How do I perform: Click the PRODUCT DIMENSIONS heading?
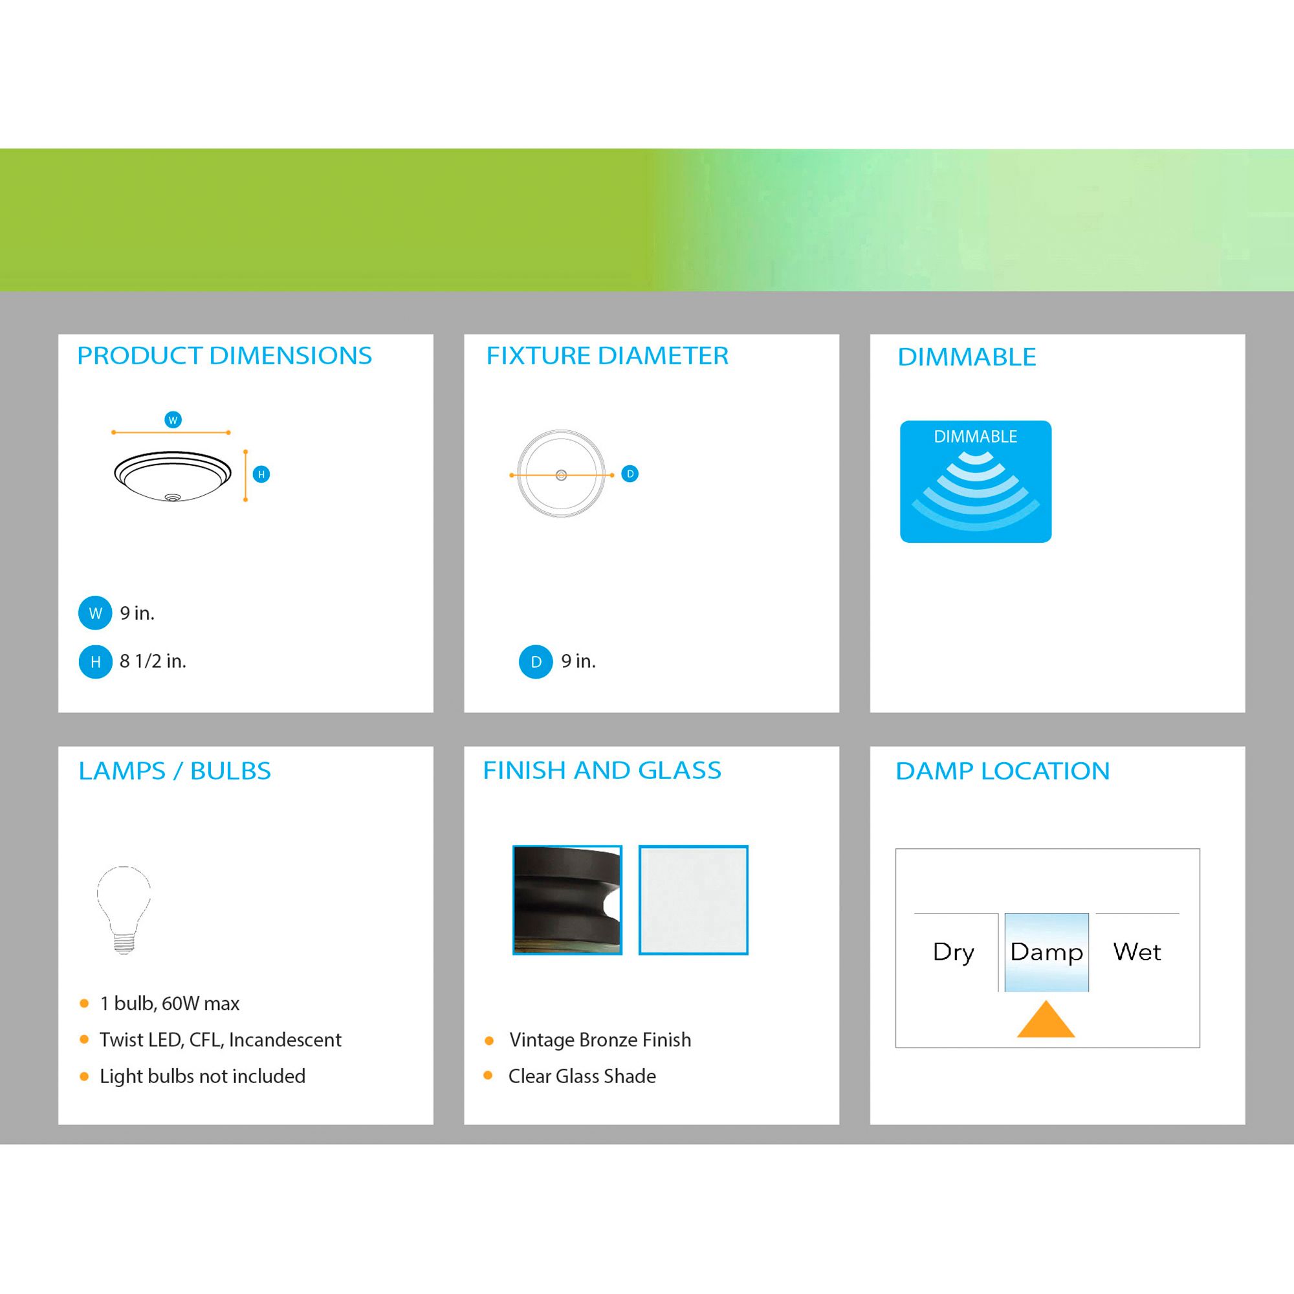[225, 356]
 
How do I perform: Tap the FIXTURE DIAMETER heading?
[607, 356]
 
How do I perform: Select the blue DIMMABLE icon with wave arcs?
[975, 481]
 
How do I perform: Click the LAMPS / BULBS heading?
[175, 771]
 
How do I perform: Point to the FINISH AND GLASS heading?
[602, 770]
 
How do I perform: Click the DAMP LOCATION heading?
[1003, 771]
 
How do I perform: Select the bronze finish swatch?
[567, 899]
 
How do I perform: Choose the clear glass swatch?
[693, 899]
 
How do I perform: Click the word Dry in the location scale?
[954, 952]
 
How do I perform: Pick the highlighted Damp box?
[1046, 952]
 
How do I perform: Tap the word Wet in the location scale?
[1137, 951]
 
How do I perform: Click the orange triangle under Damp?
[1046, 1021]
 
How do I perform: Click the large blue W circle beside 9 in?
[95, 613]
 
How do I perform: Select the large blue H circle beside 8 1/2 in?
[95, 662]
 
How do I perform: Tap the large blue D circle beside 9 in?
[536, 662]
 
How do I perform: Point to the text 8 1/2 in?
[153, 661]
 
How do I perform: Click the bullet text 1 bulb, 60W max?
[170, 1003]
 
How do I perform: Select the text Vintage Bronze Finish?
[600, 1040]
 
